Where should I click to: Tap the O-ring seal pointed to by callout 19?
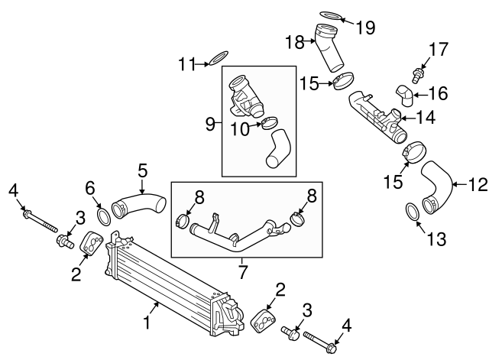[x=331, y=15]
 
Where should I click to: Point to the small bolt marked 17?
[x=416, y=75]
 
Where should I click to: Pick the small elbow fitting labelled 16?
[x=404, y=95]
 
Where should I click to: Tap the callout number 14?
[x=424, y=118]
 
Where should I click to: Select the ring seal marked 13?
[x=410, y=211]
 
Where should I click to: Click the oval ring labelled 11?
[x=219, y=57]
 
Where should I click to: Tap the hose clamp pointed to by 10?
[x=269, y=122]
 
